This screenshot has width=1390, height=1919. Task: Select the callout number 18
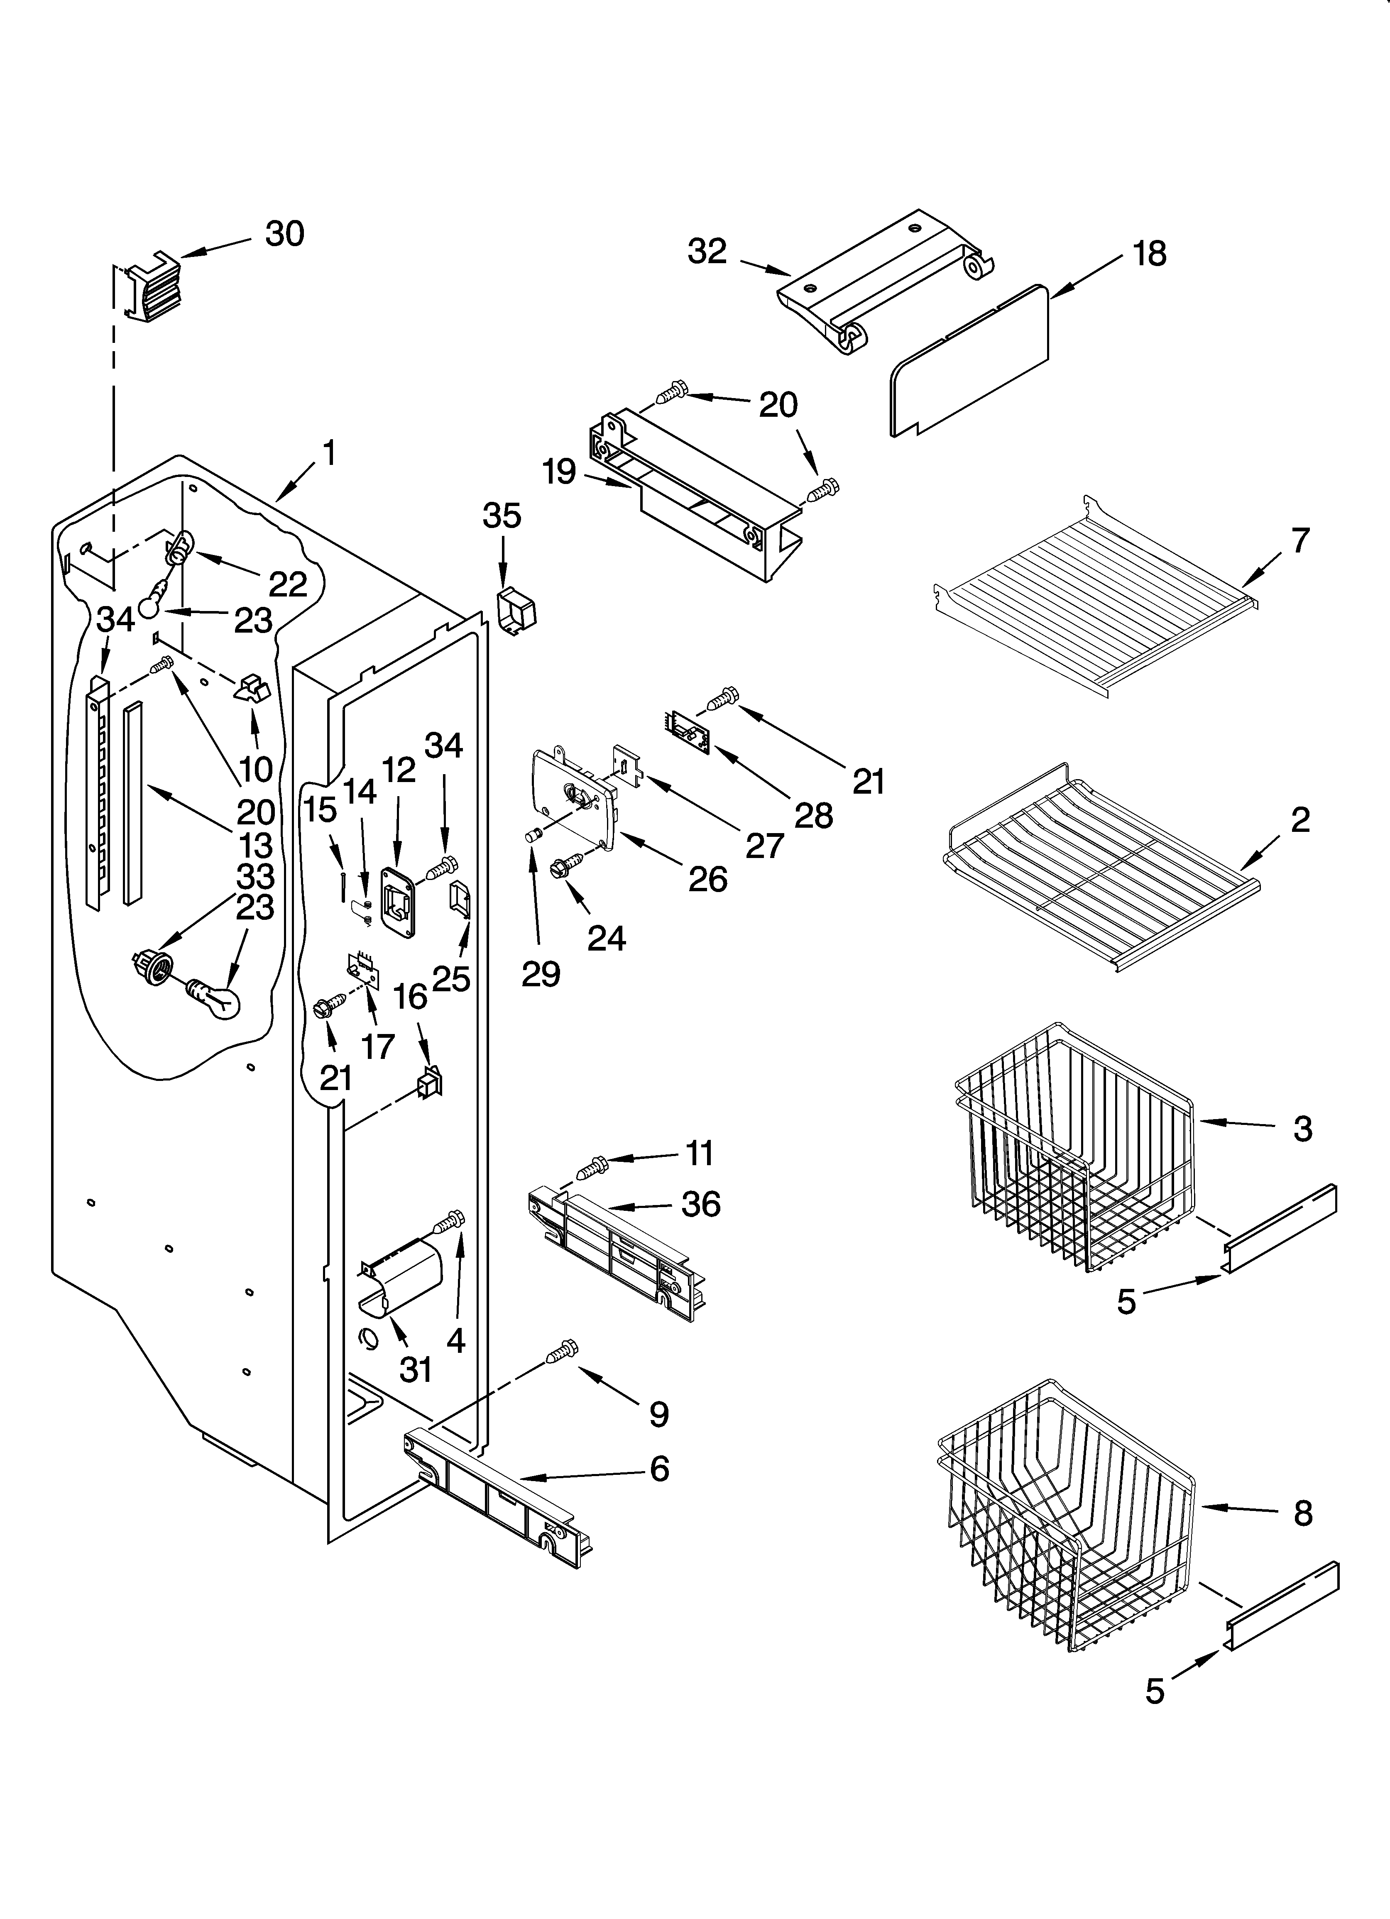[x=1150, y=253]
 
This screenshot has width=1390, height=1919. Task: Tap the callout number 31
[x=416, y=1369]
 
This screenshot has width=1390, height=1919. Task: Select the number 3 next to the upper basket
[x=1302, y=1128]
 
